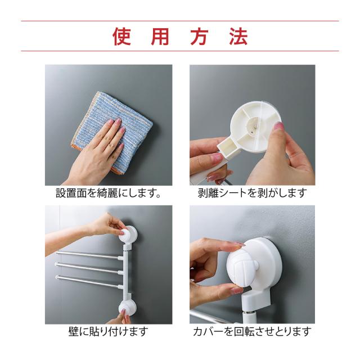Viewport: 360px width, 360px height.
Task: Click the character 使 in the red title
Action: [121, 36]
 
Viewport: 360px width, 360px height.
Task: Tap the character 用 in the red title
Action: [160, 36]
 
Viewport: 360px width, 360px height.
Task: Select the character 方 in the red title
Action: [199, 36]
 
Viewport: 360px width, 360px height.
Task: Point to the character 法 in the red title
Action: [238, 36]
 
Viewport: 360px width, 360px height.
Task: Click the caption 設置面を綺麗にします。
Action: [109, 193]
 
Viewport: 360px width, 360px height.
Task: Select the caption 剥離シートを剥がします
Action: [253, 193]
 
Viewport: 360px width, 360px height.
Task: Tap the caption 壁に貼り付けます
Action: [109, 331]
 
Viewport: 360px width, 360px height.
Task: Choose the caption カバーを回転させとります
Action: [252, 331]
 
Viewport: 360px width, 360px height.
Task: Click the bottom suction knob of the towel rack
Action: [128, 308]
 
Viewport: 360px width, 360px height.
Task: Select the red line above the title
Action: [180, 21]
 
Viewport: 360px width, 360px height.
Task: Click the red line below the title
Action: [180, 51]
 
